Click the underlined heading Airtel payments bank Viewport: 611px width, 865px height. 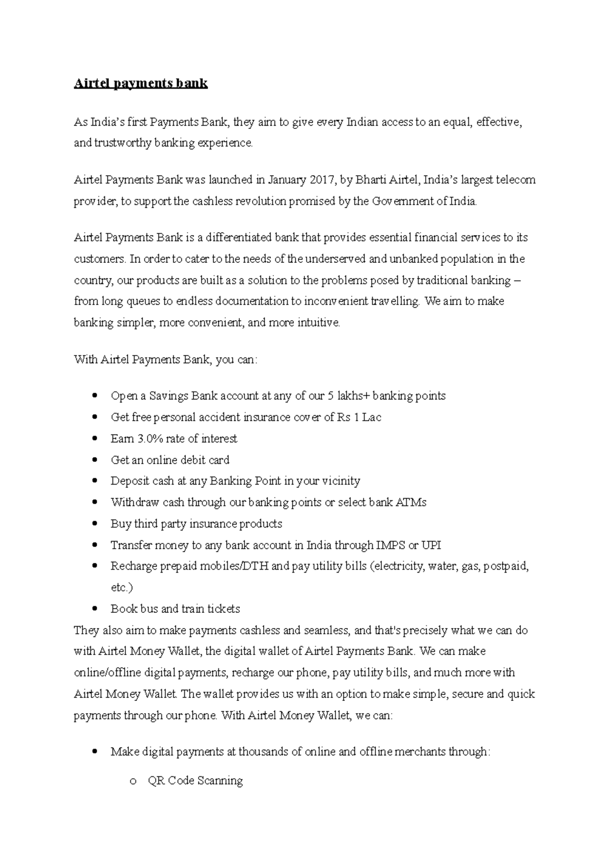(141, 84)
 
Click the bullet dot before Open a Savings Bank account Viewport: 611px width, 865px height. (95, 396)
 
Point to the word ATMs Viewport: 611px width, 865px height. (411, 502)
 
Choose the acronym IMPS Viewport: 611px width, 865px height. (390, 545)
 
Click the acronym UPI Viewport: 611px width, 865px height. (431, 545)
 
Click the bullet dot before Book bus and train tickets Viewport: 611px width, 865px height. (95, 609)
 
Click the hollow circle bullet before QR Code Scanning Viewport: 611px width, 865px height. (133, 781)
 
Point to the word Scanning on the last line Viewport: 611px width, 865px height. (220, 781)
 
